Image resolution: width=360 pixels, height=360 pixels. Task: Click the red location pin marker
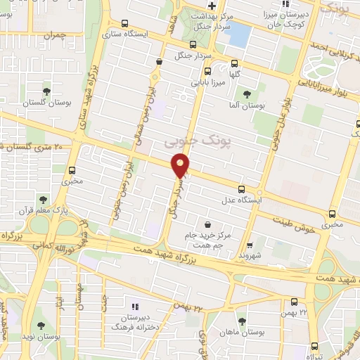(181, 166)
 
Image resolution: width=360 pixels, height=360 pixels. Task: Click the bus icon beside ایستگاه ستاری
(124, 22)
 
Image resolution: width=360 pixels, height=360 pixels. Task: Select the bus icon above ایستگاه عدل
(242, 189)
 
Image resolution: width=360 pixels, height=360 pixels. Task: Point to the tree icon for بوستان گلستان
(46, 91)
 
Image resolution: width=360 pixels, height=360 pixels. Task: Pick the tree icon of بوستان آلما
(246, 94)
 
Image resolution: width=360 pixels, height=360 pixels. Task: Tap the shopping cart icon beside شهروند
(250, 245)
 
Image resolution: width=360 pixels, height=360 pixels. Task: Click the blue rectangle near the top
(240, 32)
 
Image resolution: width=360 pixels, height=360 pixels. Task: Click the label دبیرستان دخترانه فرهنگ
(134, 322)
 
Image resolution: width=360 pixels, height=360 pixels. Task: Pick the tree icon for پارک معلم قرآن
(44, 200)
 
